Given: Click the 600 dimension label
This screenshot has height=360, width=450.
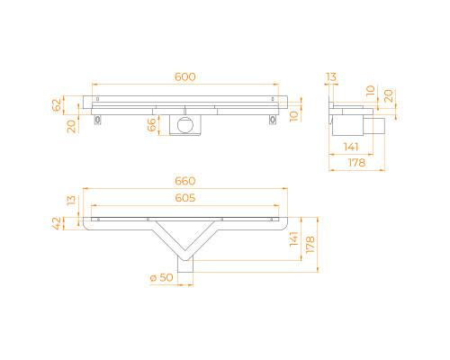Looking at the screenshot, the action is (x=185, y=76).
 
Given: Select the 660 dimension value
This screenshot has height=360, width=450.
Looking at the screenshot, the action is (x=185, y=181).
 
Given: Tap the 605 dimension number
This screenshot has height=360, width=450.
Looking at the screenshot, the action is (x=185, y=198).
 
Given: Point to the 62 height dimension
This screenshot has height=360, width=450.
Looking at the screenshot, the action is (x=57, y=104).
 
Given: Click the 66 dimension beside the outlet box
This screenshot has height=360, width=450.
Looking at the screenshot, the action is (x=152, y=124).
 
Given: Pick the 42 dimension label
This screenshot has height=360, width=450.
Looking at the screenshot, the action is (x=57, y=223).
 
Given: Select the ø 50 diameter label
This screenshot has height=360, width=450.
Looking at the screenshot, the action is (x=162, y=277).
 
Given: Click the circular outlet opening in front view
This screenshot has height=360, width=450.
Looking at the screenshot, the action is (x=185, y=125).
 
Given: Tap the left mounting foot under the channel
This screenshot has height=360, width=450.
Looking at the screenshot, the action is (x=98, y=120).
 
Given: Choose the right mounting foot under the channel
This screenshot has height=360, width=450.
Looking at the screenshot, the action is (x=273, y=120).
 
